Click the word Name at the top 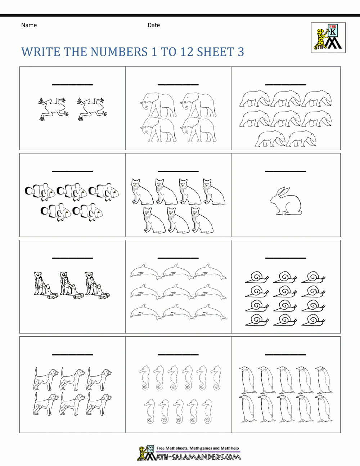(x=29, y=25)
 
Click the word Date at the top (x=154, y=25)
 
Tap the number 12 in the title (x=187, y=52)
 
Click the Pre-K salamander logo (x=328, y=37)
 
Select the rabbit (x=286, y=201)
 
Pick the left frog (x=53, y=108)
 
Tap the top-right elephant (x=198, y=105)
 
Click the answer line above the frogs (x=72, y=85)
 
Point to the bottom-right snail (x=314, y=320)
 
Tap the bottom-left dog (x=45, y=404)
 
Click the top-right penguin (x=324, y=380)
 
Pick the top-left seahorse (x=145, y=378)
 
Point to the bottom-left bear (x=270, y=139)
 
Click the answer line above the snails (x=285, y=258)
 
